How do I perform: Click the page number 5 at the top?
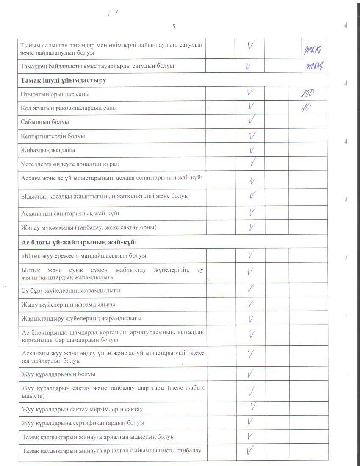tap(174, 26)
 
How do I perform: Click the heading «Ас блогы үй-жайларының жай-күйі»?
tap(78, 242)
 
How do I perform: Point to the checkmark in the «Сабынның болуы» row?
tap(252, 121)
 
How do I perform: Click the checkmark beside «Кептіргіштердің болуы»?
tap(252, 136)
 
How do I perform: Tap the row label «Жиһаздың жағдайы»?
tap(48, 150)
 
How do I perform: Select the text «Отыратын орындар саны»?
tap(55, 94)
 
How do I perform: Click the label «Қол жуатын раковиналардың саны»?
tap(69, 108)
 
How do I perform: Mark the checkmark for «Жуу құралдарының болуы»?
tap(251, 374)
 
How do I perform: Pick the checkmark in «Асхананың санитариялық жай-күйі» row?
tap(252, 212)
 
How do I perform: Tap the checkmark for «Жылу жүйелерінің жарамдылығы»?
tap(251, 303)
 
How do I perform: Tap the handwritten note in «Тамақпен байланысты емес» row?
tap(313, 66)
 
